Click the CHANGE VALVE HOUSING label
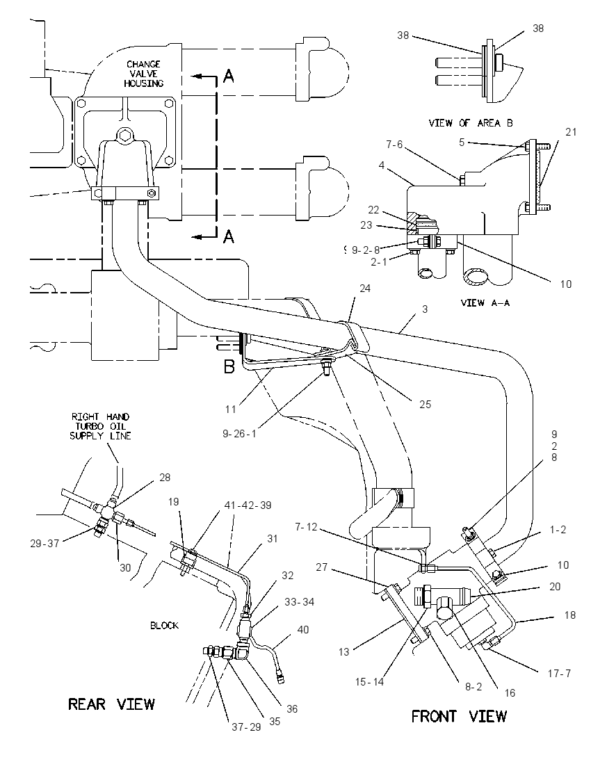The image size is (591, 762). tap(143, 74)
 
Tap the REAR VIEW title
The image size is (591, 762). tap(111, 704)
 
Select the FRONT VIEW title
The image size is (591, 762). tap(459, 716)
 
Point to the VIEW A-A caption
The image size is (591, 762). tap(485, 302)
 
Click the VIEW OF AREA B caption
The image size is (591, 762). tap(471, 123)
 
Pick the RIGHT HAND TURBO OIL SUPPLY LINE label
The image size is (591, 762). tap(100, 426)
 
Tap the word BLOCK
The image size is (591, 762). tap(164, 626)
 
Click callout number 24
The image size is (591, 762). tap(364, 288)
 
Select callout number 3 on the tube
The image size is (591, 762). tap(425, 309)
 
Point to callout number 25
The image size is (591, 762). tap(425, 405)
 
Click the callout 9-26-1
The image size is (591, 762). tap(239, 433)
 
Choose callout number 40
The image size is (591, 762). tap(302, 629)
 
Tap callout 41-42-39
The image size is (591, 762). tap(248, 505)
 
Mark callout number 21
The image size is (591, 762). tap(571, 131)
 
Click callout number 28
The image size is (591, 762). tap(165, 477)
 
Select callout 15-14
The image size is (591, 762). tap(369, 682)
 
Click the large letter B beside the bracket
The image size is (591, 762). tap(229, 366)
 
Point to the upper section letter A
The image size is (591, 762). tap(229, 76)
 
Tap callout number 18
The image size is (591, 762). tap(569, 615)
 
